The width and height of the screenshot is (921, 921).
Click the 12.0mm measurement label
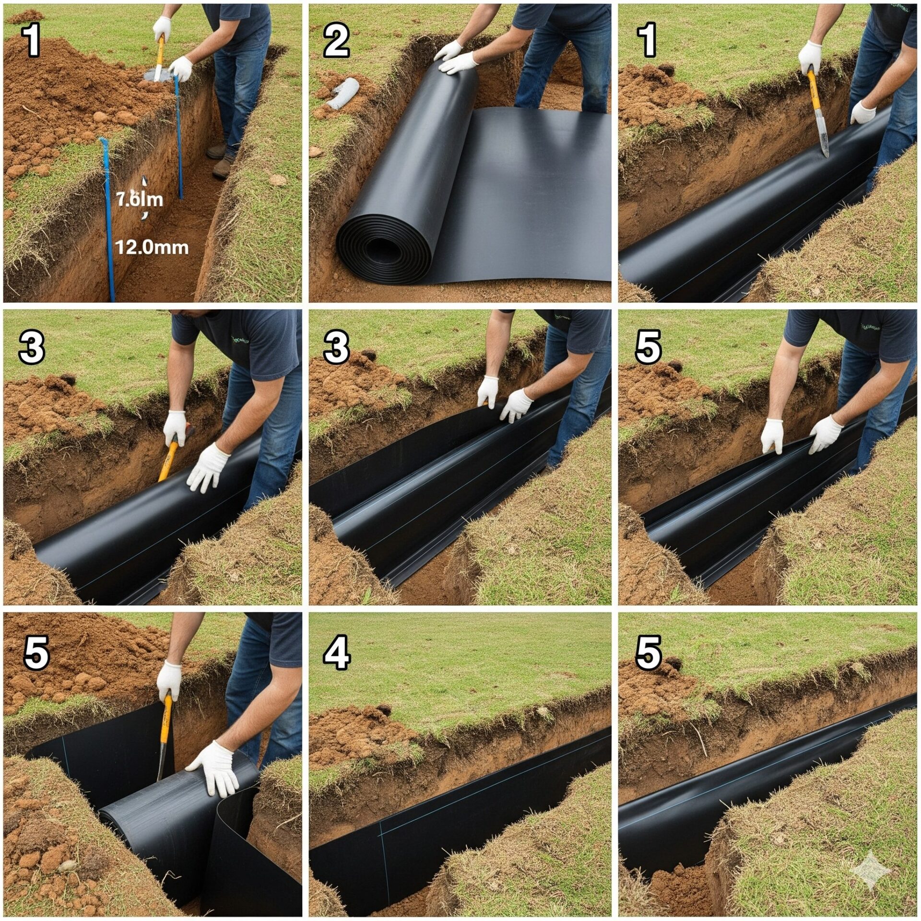152,248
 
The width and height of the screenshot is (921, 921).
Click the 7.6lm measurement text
140,199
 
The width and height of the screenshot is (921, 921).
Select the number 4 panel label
336,653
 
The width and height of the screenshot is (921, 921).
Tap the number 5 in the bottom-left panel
36,653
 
